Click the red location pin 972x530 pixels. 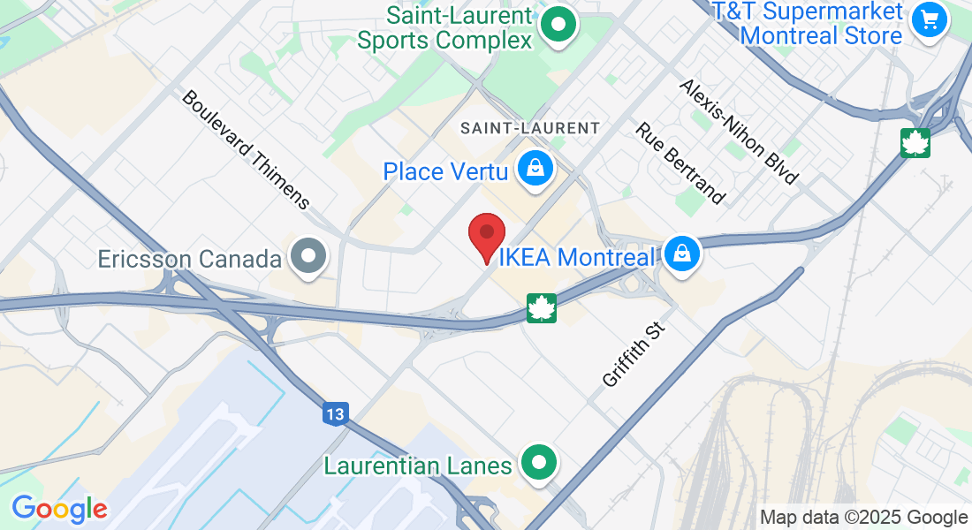coord(486,234)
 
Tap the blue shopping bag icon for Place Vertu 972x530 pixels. coord(535,168)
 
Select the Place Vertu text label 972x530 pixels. coord(445,170)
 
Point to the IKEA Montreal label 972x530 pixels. coord(578,257)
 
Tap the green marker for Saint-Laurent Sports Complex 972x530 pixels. coord(558,24)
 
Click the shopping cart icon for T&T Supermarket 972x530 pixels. coord(929,18)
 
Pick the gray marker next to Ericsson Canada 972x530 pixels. coord(309,257)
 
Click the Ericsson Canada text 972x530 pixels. coord(190,259)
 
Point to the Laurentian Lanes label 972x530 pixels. coord(418,465)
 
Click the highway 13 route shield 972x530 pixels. coord(336,413)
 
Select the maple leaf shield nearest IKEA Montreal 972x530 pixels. coord(541,308)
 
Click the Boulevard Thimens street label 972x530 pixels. coord(246,148)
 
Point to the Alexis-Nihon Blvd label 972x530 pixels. coord(739,132)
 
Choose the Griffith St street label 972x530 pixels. coord(633,354)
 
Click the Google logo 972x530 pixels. coord(59,509)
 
